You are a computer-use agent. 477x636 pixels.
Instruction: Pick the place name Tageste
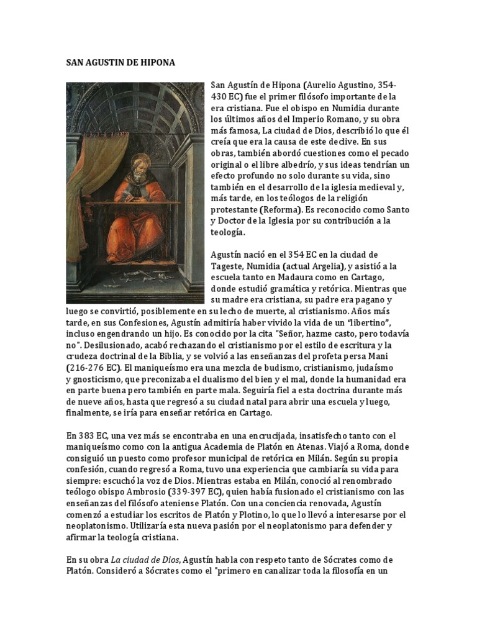point(229,266)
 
